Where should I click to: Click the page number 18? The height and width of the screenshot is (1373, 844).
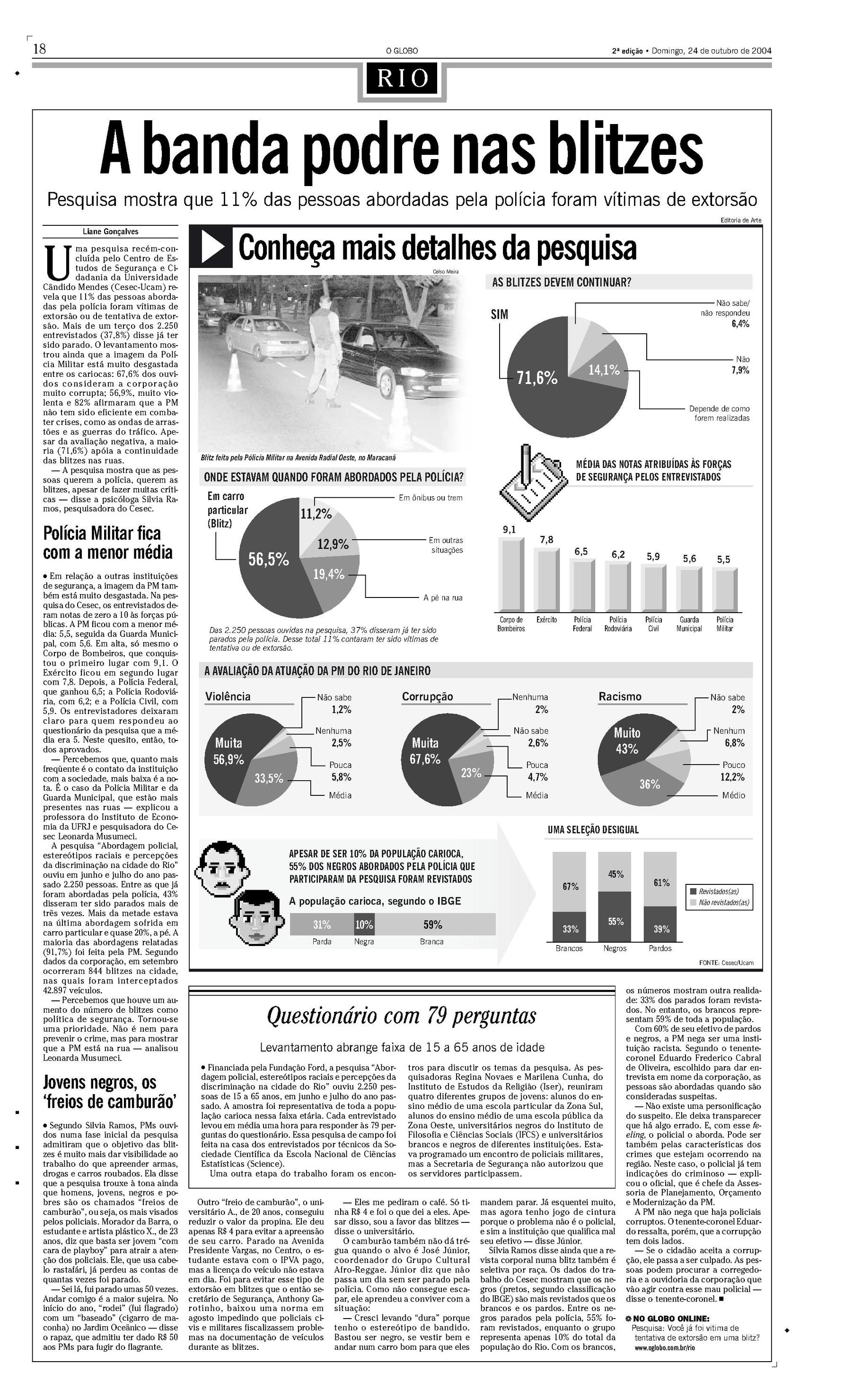pyautogui.click(x=40, y=49)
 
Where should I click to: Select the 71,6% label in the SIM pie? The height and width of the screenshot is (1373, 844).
pyautogui.click(x=537, y=379)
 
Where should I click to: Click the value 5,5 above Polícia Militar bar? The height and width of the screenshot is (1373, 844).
pyautogui.click(x=723, y=559)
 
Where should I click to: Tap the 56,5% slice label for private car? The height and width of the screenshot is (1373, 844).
pyautogui.click(x=269, y=559)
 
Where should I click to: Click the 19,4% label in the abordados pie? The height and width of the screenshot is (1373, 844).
pyautogui.click(x=328, y=574)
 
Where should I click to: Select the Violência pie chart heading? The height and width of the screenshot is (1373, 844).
pyautogui.click(x=228, y=696)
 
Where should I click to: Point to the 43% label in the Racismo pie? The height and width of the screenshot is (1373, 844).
pyautogui.click(x=627, y=749)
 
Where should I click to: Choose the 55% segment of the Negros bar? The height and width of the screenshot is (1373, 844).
pyautogui.click(x=615, y=922)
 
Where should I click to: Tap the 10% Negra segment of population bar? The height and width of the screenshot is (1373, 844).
pyautogui.click(x=364, y=925)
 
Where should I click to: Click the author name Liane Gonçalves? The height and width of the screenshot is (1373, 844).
pyautogui.click(x=111, y=232)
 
